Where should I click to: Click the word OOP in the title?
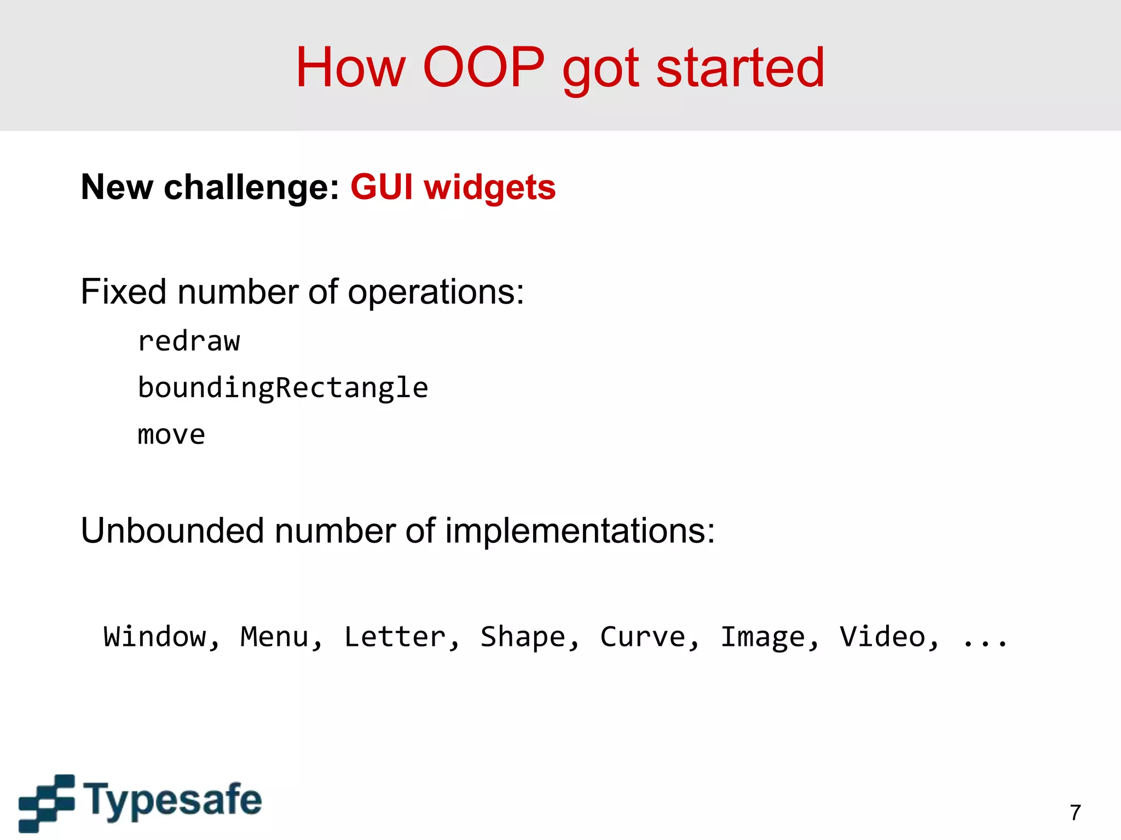click(484, 67)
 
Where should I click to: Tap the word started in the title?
click(740, 67)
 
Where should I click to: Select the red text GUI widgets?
click(453, 187)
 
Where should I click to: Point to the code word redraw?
click(189, 341)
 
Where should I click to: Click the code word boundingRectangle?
click(282, 388)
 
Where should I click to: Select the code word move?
click(171, 435)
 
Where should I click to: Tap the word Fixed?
click(123, 291)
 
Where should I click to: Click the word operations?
click(435, 293)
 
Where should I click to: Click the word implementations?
click(579, 532)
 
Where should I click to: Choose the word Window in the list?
click(155, 637)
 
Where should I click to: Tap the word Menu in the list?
click(275, 637)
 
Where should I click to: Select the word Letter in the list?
click(395, 637)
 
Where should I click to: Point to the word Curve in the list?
click(643, 637)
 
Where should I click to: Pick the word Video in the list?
click(882, 637)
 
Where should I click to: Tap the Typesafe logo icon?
click(47, 802)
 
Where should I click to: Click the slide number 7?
click(1075, 813)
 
